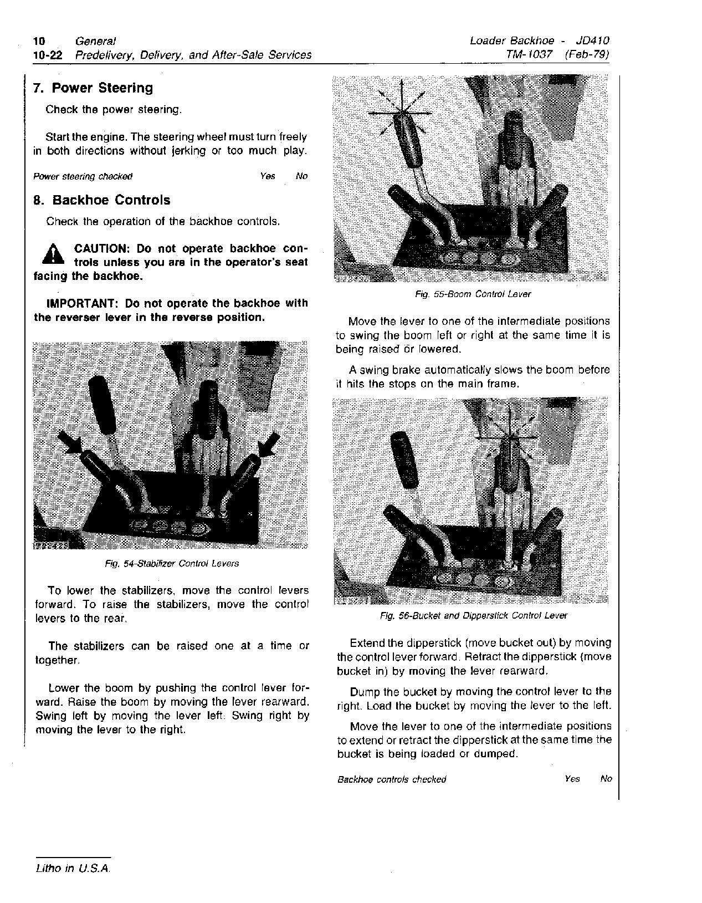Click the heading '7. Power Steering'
point(93,88)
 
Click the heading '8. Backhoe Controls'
point(102,200)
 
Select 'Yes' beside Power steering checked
point(267,176)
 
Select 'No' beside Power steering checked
point(301,176)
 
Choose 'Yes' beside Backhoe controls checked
point(572,779)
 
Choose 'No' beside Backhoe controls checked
point(606,779)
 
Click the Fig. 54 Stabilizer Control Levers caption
point(172,564)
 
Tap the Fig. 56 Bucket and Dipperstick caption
point(474,615)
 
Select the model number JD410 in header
point(592,40)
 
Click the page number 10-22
point(48,55)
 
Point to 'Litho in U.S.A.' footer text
point(73,869)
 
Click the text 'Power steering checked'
point(83,177)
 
